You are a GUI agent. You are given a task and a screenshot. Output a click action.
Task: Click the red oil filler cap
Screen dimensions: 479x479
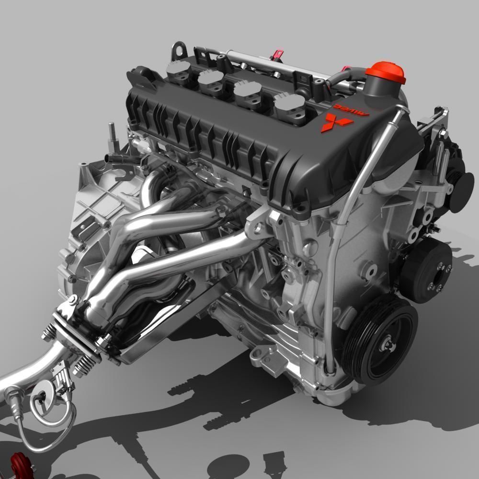click(x=385, y=72)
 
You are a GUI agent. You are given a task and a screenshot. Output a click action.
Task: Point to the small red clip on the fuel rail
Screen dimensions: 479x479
click(x=276, y=55)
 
